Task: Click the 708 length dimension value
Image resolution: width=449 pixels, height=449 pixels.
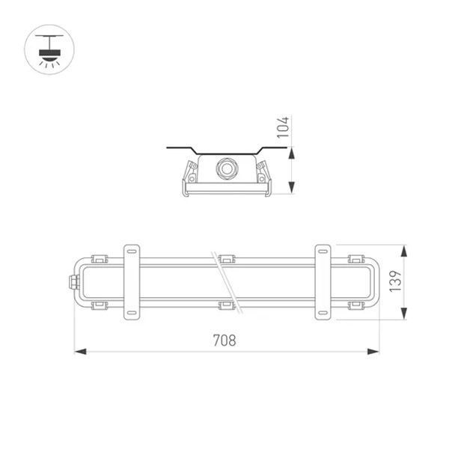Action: point(224,340)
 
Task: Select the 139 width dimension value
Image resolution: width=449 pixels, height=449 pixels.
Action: point(396,281)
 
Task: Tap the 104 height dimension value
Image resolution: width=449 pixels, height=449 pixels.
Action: point(283,127)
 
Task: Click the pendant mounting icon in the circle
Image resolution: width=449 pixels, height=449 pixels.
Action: point(49,51)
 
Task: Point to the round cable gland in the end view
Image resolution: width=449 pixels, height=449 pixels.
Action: point(227,168)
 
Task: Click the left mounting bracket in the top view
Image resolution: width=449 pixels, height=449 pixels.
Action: point(132,282)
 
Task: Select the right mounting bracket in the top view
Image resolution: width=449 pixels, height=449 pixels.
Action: point(323,282)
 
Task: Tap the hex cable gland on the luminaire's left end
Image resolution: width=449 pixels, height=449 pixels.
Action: point(74,282)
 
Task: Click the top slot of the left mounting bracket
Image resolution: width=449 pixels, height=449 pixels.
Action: point(132,251)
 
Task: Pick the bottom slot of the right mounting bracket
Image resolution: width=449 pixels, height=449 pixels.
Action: point(323,313)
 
